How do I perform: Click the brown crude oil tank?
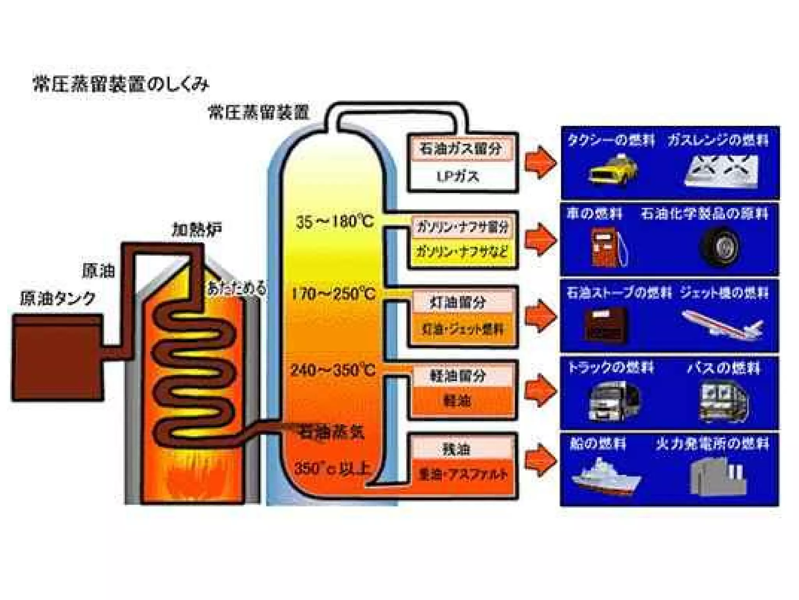click(58, 357)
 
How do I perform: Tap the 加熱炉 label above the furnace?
click(197, 230)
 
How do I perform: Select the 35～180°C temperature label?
click(335, 222)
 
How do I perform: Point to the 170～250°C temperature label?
click(334, 294)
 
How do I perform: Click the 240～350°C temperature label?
click(333, 370)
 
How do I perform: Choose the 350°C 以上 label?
click(332, 468)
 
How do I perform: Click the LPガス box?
click(457, 177)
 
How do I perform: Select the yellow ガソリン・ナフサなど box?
click(462, 251)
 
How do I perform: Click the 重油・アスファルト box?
click(463, 474)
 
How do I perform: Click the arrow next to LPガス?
click(540, 162)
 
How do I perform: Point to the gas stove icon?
click(722, 171)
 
